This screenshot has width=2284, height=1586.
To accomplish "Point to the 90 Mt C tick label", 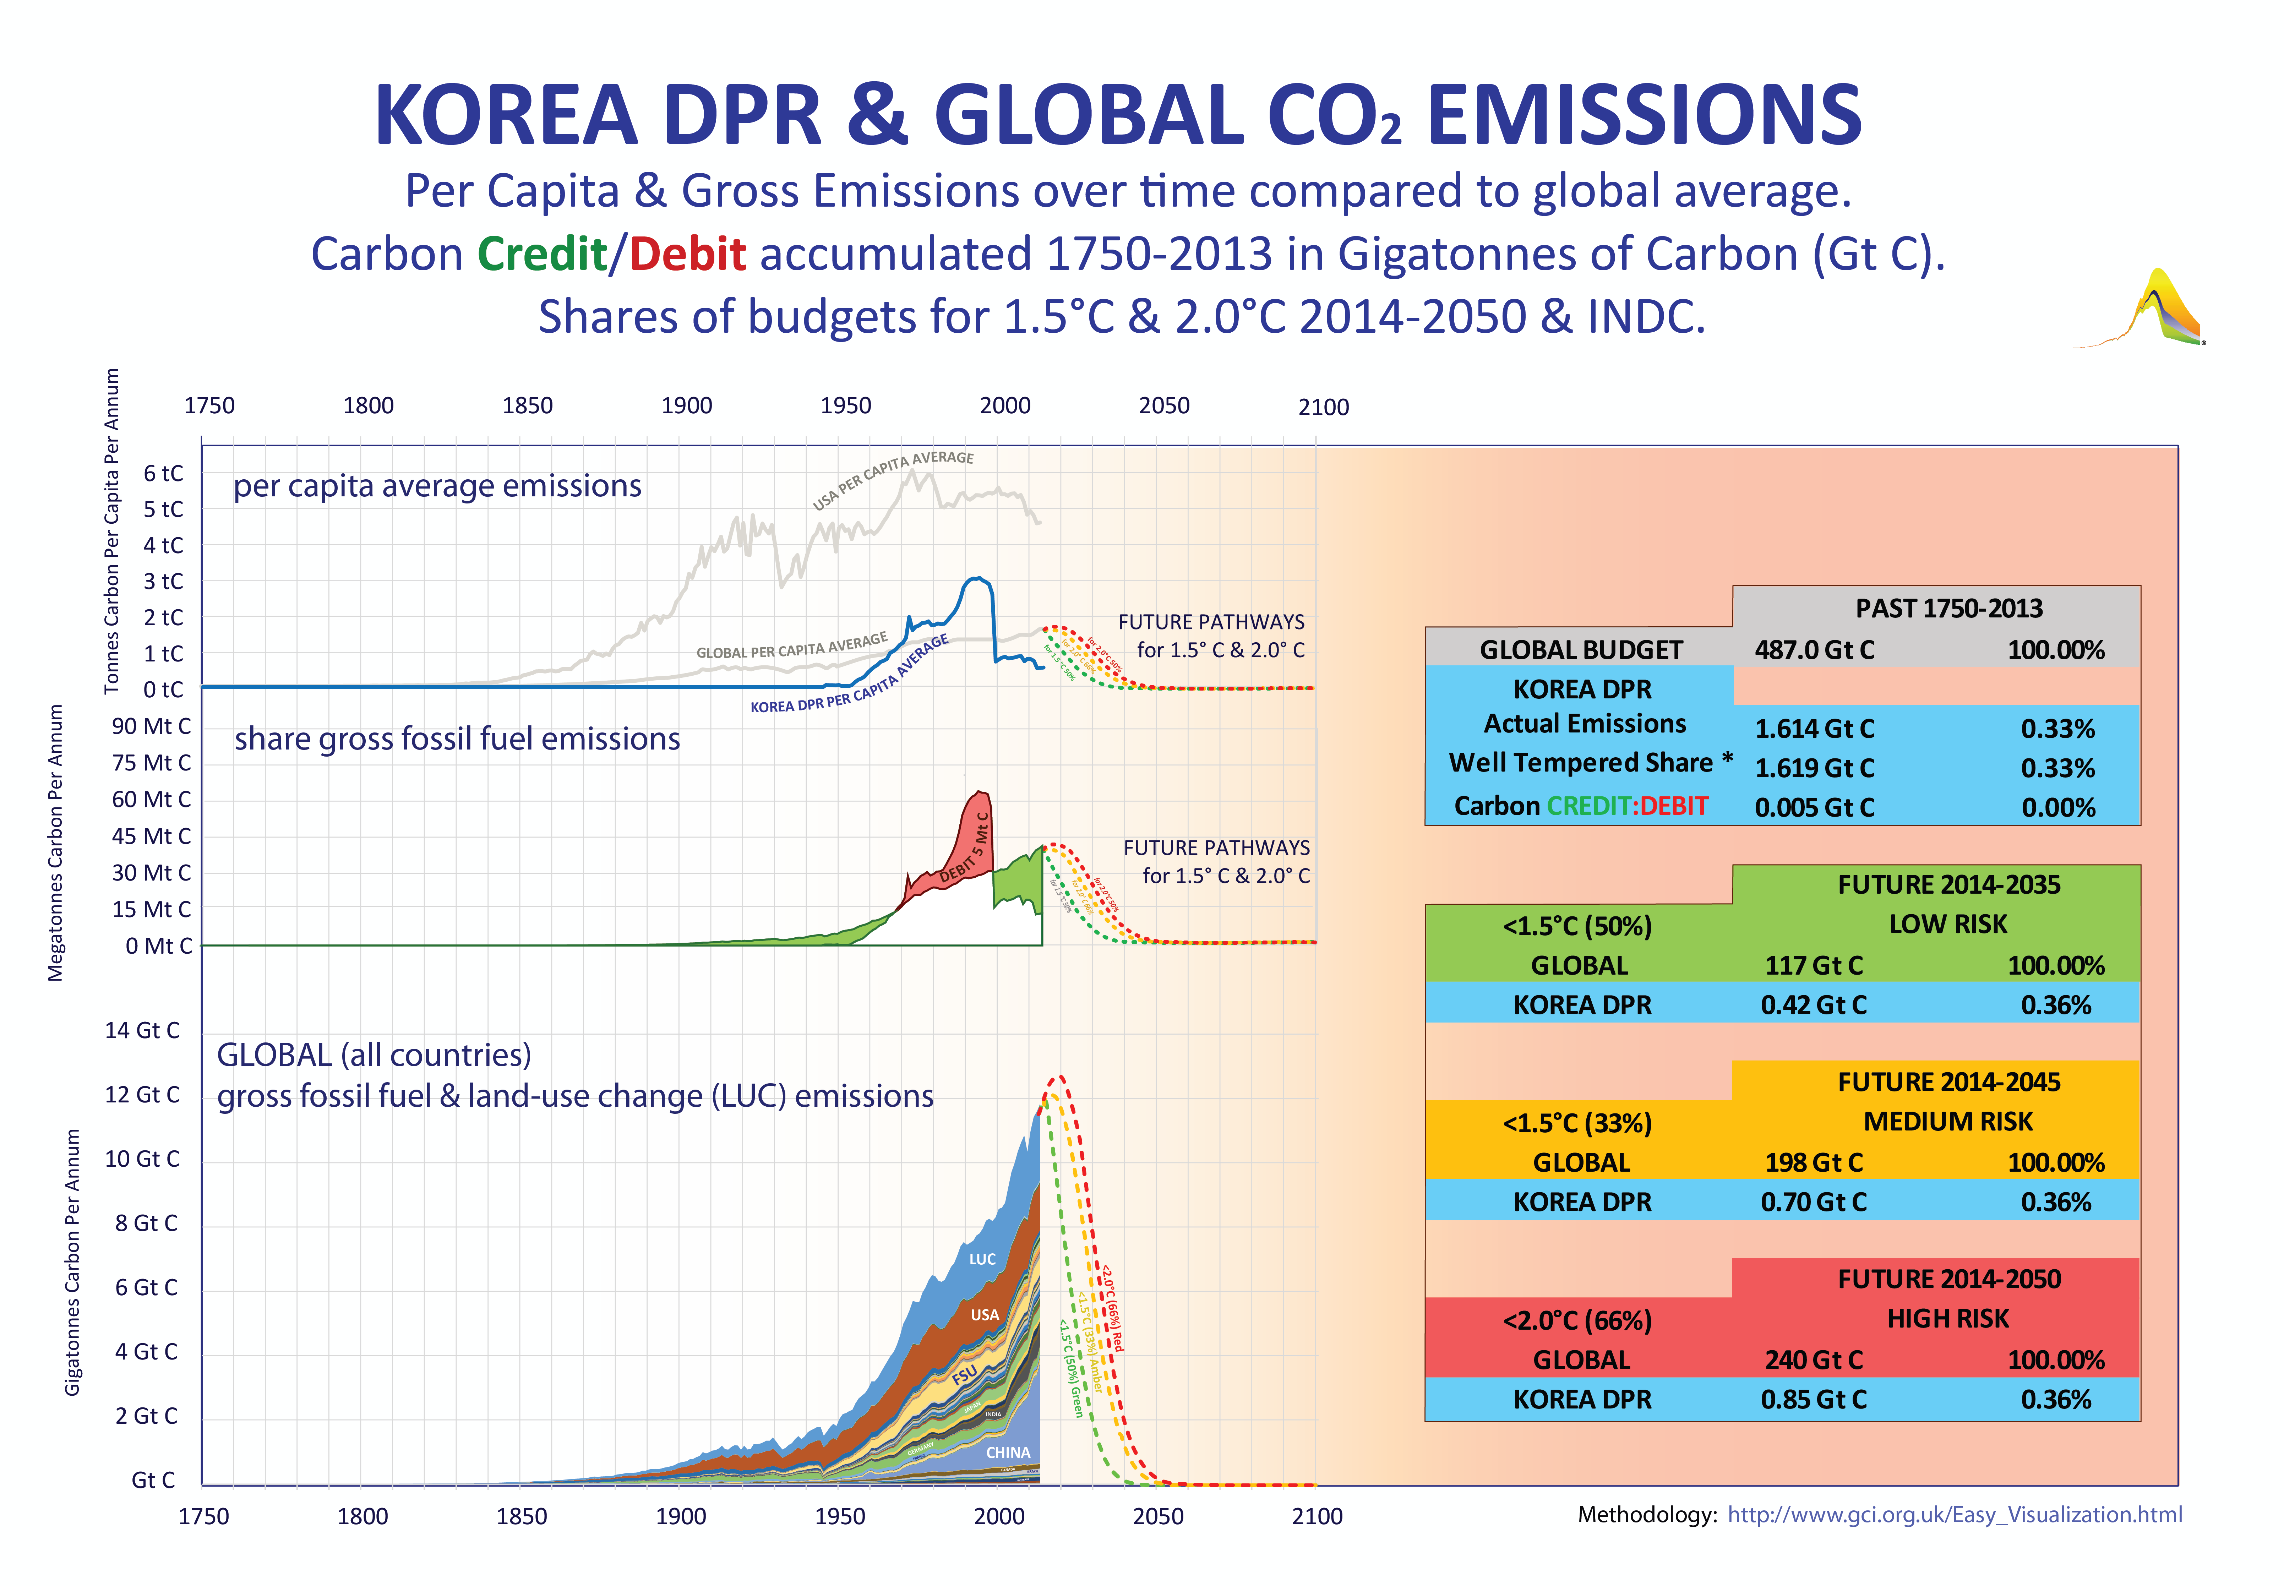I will [151, 726].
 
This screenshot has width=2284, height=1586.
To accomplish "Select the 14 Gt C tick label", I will [142, 1030].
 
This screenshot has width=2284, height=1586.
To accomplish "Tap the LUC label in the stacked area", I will [982, 1259].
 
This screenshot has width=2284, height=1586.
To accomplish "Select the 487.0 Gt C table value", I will [1814, 650].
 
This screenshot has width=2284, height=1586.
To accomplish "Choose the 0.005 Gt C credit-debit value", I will [1814, 807].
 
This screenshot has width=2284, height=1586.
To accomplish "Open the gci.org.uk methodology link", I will [1954, 1514].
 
